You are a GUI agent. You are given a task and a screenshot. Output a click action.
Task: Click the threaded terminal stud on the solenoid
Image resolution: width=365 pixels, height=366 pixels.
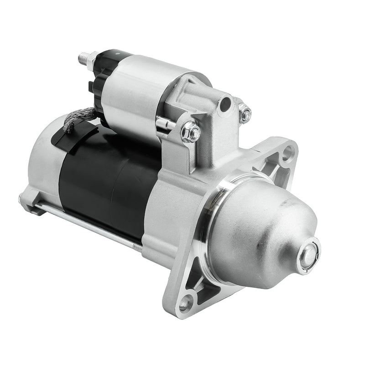click(83, 58)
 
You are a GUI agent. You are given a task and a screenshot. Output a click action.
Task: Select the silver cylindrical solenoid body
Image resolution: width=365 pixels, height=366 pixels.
click(132, 91)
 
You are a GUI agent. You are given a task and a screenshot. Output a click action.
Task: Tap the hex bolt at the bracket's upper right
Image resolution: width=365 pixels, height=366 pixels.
click(245, 113)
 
